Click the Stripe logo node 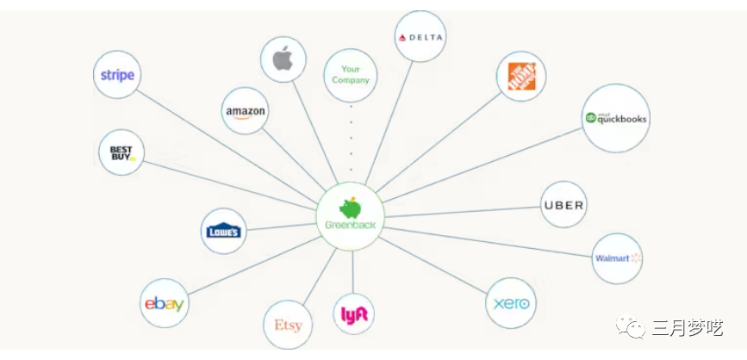[117, 75]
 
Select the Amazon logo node [245, 112]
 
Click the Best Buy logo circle [121, 153]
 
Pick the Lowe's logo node [224, 231]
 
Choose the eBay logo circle [164, 303]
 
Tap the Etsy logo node [288, 326]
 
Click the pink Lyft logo [354, 315]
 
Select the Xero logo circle [511, 303]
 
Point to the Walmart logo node [617, 258]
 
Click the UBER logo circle [563, 205]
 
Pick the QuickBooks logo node [615, 119]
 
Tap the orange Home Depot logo [521, 77]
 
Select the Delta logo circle [420, 37]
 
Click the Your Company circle [350, 74]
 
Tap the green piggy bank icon [350, 208]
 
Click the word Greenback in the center [350, 226]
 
